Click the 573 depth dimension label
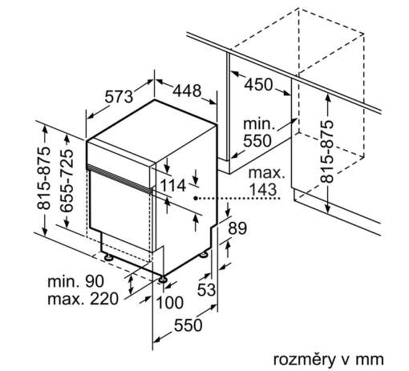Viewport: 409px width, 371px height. (119, 97)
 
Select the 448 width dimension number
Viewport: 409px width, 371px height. (187, 91)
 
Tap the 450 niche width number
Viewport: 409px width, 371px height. (258, 84)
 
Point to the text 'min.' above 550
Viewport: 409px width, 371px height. (259, 124)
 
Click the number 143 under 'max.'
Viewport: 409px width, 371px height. (263, 189)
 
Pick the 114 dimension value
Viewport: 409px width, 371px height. (173, 185)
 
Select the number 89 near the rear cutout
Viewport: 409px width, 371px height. (237, 228)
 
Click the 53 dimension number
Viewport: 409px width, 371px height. (206, 289)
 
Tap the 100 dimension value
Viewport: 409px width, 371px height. (170, 303)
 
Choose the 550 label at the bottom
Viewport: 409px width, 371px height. (188, 325)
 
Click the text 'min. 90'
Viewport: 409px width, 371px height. (75, 281)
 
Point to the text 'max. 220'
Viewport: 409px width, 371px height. (83, 299)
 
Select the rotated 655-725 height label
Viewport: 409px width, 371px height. (67, 181)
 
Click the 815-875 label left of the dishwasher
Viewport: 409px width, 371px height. (44, 178)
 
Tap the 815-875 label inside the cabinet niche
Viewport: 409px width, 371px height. (327, 151)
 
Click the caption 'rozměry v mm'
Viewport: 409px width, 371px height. (328, 360)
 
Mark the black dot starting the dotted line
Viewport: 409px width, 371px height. (196, 198)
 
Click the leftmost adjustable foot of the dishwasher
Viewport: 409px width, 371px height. (108, 257)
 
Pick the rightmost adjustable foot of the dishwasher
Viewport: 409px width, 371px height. (204, 255)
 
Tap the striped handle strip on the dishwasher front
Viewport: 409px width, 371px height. (119, 179)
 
